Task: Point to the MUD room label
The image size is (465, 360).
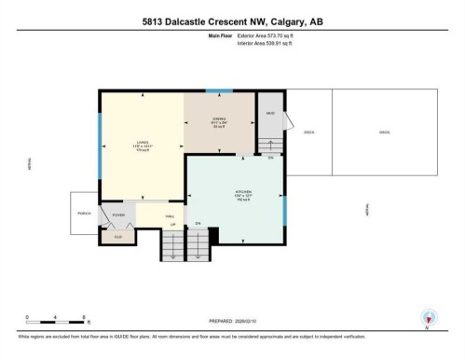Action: point(268,114)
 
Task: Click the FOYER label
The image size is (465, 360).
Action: point(118,215)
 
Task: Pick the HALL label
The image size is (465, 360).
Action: point(170,215)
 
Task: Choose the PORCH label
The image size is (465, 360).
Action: point(83,214)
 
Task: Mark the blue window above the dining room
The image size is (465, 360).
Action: point(220,90)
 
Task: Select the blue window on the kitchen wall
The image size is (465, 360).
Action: point(283,207)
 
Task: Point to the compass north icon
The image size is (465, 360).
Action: point(429,317)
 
